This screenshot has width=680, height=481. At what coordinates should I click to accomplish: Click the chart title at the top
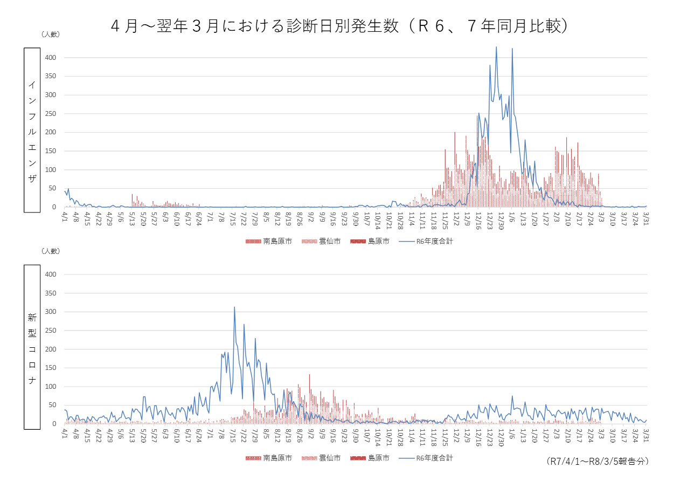click(x=339, y=25)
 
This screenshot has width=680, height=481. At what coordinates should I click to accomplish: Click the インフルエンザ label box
click(x=32, y=130)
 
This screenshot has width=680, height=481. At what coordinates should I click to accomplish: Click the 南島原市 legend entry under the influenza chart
click(x=269, y=242)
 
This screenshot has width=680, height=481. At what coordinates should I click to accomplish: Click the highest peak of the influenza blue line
click(x=496, y=47)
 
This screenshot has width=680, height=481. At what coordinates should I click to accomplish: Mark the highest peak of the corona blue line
click(x=234, y=307)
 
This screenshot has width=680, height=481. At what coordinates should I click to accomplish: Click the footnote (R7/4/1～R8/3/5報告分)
click(x=597, y=462)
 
